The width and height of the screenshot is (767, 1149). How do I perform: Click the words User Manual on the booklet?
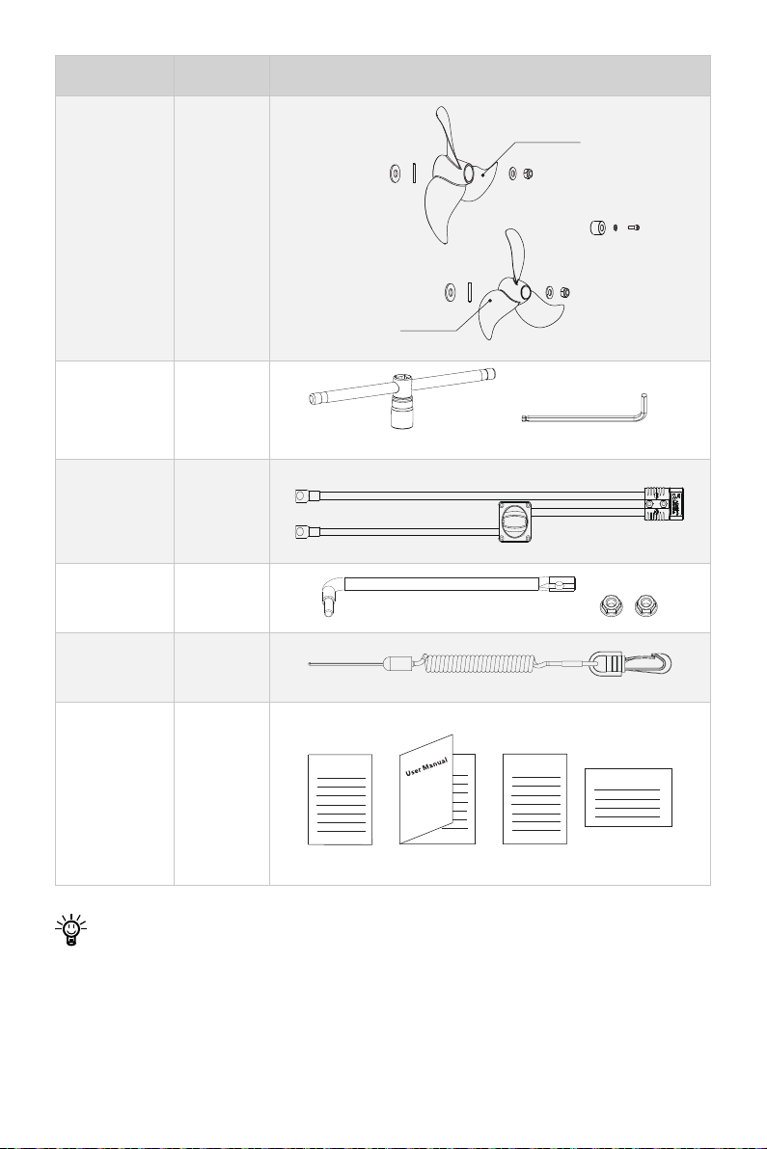pyautogui.click(x=426, y=768)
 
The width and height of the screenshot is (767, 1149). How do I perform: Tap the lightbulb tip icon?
pyautogui.click(x=70, y=930)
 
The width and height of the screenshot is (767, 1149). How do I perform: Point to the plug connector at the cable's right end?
pyautogui.click(x=665, y=503)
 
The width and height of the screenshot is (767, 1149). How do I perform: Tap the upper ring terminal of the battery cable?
pyautogui.click(x=298, y=496)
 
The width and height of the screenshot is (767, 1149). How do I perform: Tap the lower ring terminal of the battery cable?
pyautogui.click(x=298, y=532)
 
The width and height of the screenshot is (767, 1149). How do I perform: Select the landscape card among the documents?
pyautogui.click(x=628, y=797)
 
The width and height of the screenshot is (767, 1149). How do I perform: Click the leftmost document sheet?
pyautogui.click(x=340, y=799)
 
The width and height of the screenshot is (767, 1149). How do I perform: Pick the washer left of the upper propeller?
pyautogui.click(x=395, y=174)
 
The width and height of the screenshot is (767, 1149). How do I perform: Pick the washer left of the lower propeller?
pyautogui.click(x=449, y=292)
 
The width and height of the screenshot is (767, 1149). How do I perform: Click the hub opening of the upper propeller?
pyautogui.click(x=467, y=173)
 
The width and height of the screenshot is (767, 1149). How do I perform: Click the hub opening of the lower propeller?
pyautogui.click(x=525, y=291)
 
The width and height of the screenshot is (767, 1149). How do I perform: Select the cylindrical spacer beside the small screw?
pyautogui.click(x=598, y=227)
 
